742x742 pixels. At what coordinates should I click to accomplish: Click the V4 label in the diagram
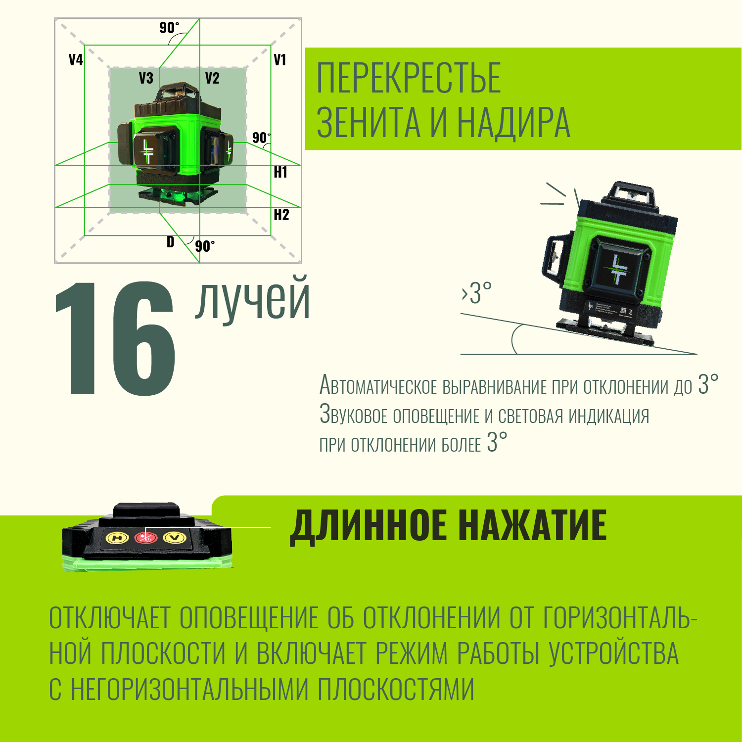pyautogui.click(x=76, y=60)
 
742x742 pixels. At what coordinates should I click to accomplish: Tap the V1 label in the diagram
pyautogui.click(x=280, y=60)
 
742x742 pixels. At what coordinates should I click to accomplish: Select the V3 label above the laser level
pyautogui.click(x=146, y=78)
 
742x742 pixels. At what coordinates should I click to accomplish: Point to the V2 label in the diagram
pyautogui.click(x=212, y=78)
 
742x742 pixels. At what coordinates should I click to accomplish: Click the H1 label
pyautogui.click(x=280, y=172)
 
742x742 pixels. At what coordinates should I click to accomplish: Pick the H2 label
pyautogui.click(x=281, y=215)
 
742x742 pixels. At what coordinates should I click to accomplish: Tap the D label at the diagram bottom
pyautogui.click(x=171, y=242)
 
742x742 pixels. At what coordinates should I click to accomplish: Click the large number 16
pyautogui.click(x=115, y=338)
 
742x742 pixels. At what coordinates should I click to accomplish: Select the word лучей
pyautogui.click(x=253, y=300)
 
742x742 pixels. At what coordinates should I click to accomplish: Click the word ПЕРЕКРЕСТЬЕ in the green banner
pyautogui.click(x=409, y=78)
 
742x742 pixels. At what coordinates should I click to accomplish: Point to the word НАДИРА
pyautogui.click(x=513, y=122)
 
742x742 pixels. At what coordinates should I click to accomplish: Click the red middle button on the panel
pyautogui.click(x=145, y=537)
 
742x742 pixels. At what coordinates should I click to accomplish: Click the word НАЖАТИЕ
pyautogui.click(x=532, y=525)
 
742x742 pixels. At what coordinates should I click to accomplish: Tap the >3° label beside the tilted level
pyautogui.click(x=477, y=293)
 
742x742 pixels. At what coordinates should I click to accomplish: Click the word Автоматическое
pyautogui.click(x=378, y=385)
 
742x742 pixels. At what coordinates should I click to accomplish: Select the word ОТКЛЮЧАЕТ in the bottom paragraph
pyautogui.click(x=110, y=618)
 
